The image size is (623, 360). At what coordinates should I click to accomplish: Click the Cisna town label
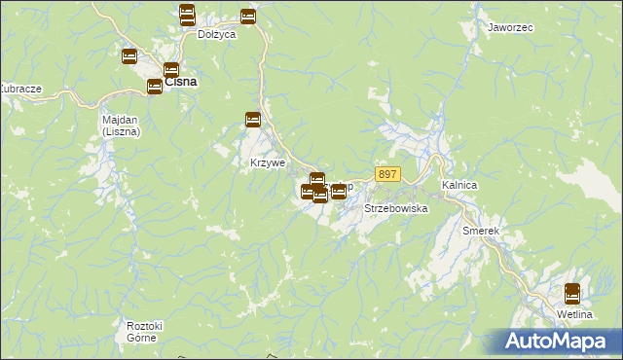click(x=181, y=82)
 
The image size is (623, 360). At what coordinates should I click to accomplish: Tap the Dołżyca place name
click(x=217, y=34)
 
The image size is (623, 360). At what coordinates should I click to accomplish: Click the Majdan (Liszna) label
click(x=122, y=125)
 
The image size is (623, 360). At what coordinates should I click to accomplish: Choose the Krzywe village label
click(x=268, y=162)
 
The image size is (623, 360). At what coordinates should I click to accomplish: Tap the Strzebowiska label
click(x=396, y=209)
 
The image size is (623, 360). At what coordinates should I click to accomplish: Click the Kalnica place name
click(x=458, y=184)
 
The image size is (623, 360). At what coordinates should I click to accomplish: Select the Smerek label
click(x=481, y=231)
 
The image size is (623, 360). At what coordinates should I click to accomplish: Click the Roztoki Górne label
click(x=143, y=331)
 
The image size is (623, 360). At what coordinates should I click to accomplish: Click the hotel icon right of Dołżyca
click(x=248, y=17)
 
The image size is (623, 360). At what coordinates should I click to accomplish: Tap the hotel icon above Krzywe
click(x=253, y=120)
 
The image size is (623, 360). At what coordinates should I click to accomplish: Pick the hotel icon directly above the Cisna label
click(x=171, y=69)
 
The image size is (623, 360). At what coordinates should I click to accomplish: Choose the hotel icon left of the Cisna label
click(x=154, y=87)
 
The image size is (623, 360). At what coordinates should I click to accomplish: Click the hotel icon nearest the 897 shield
click(x=338, y=192)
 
